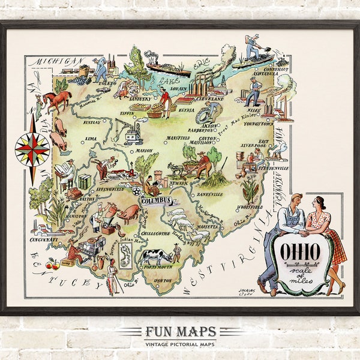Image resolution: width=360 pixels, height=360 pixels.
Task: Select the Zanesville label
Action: click(x=209, y=194)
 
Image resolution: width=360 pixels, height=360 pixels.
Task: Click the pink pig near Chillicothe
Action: click(x=128, y=214)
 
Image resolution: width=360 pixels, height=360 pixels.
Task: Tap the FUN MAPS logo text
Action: click(x=179, y=332)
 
